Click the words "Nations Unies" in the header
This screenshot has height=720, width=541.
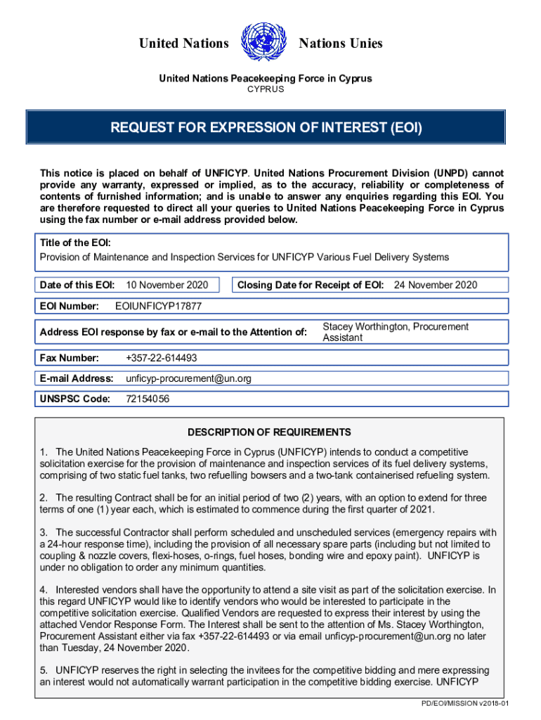point(341,44)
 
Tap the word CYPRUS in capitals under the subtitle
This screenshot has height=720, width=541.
point(265,89)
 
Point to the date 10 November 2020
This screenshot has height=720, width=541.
point(167,285)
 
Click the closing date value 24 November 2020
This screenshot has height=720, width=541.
point(435,285)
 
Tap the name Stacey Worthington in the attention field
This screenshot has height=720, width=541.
point(365,327)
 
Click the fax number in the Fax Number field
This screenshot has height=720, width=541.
point(161,358)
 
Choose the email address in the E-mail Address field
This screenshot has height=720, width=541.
point(188,378)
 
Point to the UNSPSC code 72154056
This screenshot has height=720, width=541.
point(147,399)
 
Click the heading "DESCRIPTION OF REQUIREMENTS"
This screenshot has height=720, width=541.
point(269,432)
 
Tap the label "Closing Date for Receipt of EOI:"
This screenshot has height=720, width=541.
point(311,285)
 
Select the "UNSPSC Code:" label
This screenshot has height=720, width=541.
point(75,399)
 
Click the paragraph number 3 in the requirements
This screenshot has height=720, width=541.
point(43,532)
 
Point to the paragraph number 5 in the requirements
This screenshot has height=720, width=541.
point(43,671)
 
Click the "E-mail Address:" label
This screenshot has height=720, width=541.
point(77,378)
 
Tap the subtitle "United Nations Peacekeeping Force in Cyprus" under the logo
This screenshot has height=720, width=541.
point(265,79)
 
